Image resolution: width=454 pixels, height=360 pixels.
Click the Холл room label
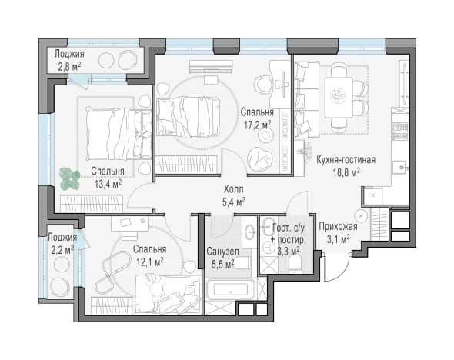click(x=233, y=189)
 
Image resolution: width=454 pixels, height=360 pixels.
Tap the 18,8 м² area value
click(x=346, y=173)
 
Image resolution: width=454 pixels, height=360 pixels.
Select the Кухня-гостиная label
click(x=346, y=160)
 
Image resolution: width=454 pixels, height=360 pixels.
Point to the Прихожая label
click(x=338, y=226)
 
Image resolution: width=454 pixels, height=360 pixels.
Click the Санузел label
click(x=222, y=252)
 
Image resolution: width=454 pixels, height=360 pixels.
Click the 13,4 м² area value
click(x=108, y=184)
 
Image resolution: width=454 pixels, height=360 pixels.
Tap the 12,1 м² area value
click(x=150, y=262)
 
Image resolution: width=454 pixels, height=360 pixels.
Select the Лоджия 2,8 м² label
click(x=69, y=60)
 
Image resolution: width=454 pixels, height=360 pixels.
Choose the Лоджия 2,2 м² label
click(x=62, y=244)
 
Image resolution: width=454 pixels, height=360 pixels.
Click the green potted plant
click(x=70, y=179)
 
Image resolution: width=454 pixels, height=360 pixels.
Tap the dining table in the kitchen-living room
click(x=339, y=97)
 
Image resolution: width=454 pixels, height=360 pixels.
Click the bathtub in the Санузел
click(x=231, y=290)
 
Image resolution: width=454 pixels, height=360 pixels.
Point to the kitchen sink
click(x=399, y=167)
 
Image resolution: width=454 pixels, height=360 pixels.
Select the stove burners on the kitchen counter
click(x=400, y=131)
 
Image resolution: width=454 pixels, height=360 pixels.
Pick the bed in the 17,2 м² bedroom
click(x=188, y=117)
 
